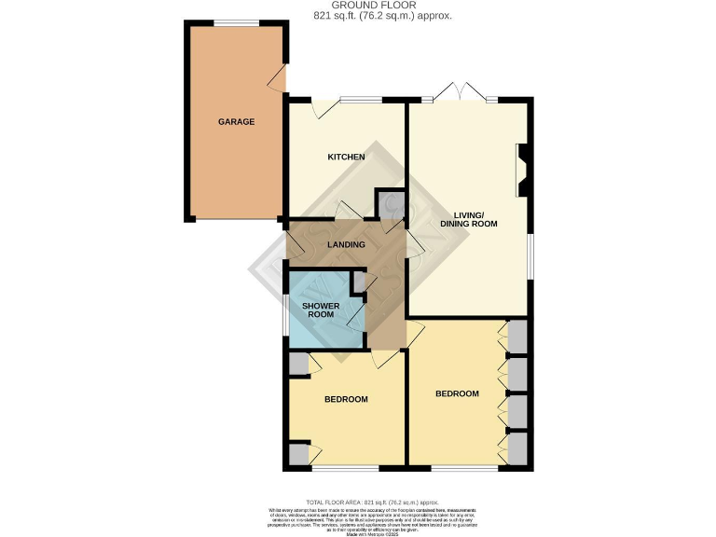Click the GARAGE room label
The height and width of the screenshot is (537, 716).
tap(236, 122)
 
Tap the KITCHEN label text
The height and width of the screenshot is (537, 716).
tap(345, 157)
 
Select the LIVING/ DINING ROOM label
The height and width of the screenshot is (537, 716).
tap(469, 219)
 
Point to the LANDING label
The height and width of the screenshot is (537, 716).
tap(346, 245)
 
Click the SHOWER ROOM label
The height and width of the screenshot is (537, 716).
tap(320, 309)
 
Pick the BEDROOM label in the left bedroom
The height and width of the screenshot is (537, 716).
tap(346, 399)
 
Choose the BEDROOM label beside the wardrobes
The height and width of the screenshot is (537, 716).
tap(457, 393)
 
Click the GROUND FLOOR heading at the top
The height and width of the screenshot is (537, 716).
tap(358, 6)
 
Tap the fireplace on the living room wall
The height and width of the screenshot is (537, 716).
tap(524, 170)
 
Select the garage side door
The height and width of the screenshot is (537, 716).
tap(279, 82)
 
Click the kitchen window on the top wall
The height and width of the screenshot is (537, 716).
tap(359, 100)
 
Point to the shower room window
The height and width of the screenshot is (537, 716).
tap(285, 313)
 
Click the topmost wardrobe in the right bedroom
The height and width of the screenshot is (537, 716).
tap(516, 336)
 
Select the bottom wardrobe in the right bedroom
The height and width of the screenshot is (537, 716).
tap(516, 447)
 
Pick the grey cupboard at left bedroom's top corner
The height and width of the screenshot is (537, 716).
tap(298, 364)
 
